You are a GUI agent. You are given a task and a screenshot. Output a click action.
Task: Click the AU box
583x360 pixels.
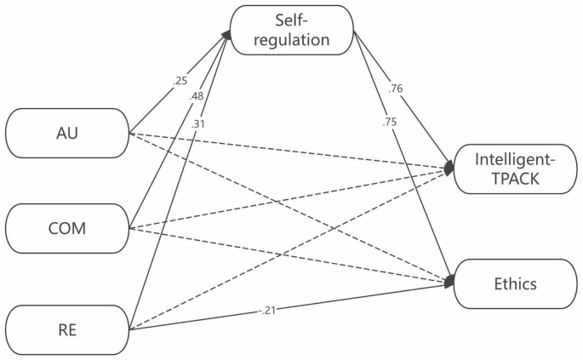point(66,133)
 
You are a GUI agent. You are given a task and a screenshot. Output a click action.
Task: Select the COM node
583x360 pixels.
point(66,229)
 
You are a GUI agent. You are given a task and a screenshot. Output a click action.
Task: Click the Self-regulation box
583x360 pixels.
point(292,30)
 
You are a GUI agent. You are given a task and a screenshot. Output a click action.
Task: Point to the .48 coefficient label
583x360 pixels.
point(198,97)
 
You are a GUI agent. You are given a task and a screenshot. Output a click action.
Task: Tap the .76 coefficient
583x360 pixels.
point(394,88)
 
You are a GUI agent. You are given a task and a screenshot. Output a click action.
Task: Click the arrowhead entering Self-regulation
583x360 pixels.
point(226,33)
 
